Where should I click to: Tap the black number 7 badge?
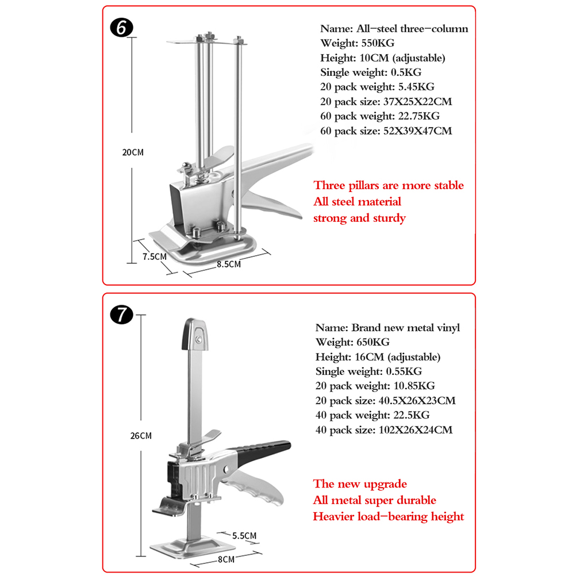pyautogui.click(x=122, y=314)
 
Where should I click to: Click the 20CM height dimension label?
pyautogui.click(x=133, y=153)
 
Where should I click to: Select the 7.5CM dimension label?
pyautogui.click(x=154, y=256)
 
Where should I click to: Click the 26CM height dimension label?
pyautogui.click(x=141, y=436)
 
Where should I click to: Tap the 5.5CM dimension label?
pyautogui.click(x=244, y=536)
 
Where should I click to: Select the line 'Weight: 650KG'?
pyautogui.click(x=352, y=342)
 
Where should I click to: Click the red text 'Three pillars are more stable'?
pyautogui.click(x=389, y=186)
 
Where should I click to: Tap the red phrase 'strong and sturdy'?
pyautogui.click(x=359, y=218)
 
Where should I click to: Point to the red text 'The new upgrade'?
pyautogui.click(x=360, y=484)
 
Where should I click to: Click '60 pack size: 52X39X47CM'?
pyautogui.click(x=386, y=131)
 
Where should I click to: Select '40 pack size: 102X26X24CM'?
pyautogui.click(x=383, y=430)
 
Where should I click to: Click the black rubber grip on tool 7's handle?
pyautogui.click(x=270, y=448)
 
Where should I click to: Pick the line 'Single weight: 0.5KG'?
pyautogui.click(x=371, y=72)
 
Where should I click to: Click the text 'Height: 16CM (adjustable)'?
pyautogui.click(x=378, y=357)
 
